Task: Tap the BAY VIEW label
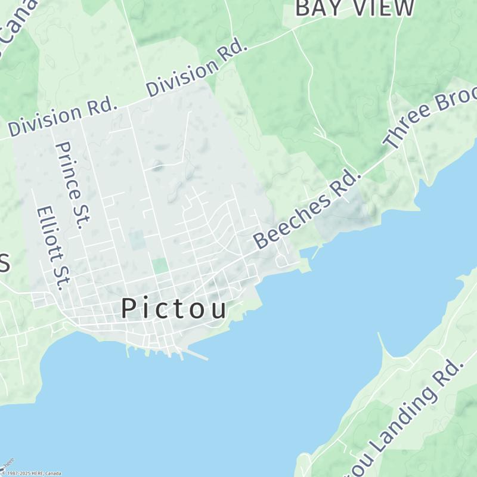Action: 354,8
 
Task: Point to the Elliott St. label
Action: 50,247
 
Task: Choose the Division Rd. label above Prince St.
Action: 62,117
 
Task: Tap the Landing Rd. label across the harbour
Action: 411,414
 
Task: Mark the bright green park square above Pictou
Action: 159,265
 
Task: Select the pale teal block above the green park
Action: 137,240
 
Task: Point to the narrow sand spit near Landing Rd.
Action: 383,346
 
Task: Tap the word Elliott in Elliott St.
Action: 47,236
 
